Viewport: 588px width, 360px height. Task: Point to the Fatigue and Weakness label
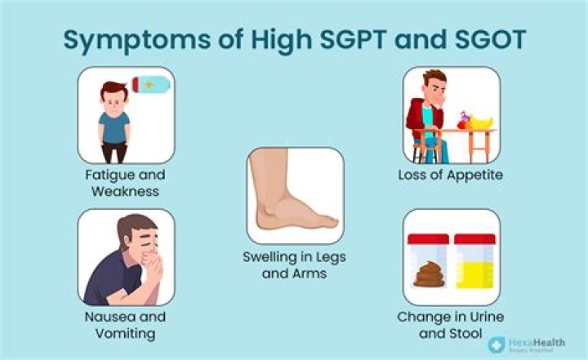(x=125, y=183)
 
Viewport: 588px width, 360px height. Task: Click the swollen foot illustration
(x=295, y=196)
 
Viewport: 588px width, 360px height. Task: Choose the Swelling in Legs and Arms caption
(x=294, y=265)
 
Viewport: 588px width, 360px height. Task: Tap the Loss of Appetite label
(x=450, y=175)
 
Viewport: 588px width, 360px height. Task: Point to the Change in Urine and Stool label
(x=451, y=323)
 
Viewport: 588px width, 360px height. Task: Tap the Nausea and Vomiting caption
(x=125, y=324)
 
